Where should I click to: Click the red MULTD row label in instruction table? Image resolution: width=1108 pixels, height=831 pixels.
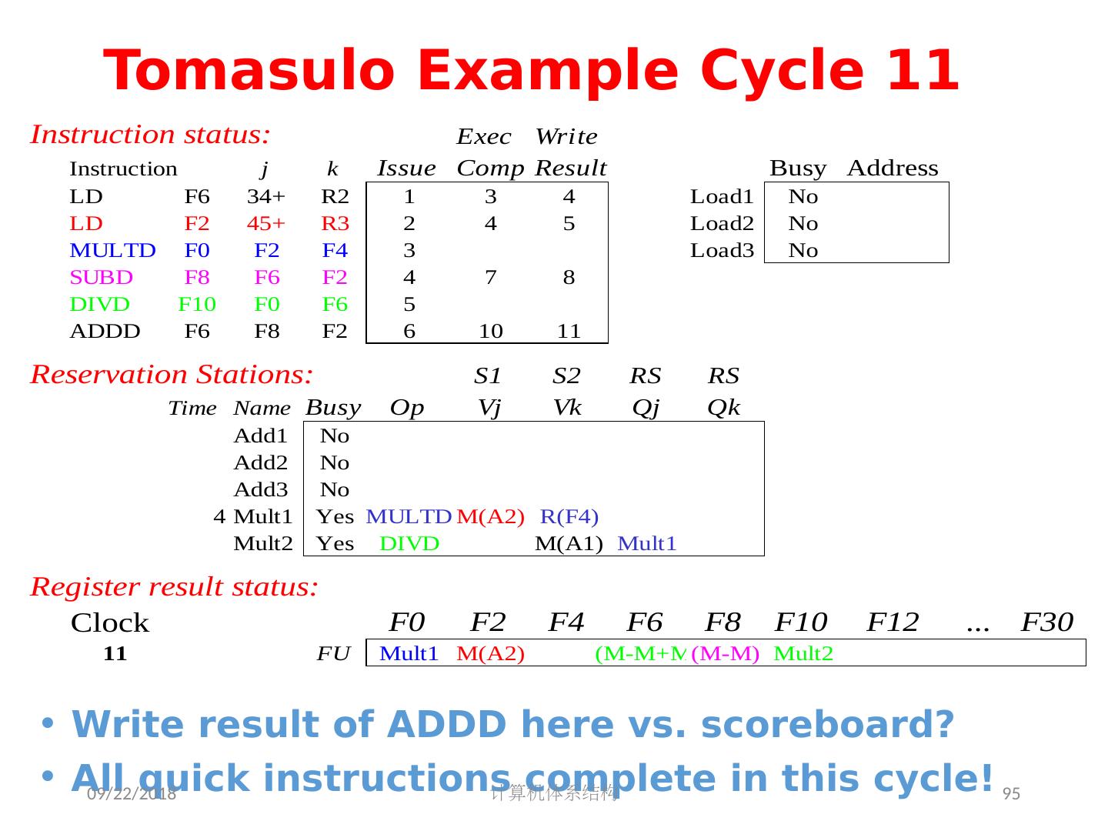(112, 251)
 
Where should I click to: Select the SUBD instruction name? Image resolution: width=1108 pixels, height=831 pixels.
(101, 278)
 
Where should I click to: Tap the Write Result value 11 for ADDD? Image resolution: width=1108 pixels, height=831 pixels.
(569, 332)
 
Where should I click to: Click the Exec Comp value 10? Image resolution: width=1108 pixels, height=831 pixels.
(490, 332)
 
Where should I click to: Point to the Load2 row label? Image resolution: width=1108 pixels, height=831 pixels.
(721, 224)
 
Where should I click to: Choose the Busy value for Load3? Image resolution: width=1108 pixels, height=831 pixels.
(803, 251)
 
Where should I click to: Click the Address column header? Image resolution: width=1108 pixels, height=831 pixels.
(892, 169)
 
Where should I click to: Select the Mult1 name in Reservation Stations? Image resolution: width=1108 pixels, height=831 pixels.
(262, 516)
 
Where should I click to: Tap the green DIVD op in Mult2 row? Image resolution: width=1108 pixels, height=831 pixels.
(409, 544)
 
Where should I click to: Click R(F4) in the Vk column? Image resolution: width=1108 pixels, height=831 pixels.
(569, 516)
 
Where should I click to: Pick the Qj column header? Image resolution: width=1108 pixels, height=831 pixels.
(646, 408)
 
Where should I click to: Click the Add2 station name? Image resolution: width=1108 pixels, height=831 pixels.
(260, 463)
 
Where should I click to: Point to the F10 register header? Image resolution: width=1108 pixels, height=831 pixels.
(800, 622)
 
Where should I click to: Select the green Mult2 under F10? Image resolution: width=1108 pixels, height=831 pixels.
(803, 654)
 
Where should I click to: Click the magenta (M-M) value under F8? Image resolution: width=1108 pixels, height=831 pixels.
(725, 654)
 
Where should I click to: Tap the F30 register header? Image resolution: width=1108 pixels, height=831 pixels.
(1046, 622)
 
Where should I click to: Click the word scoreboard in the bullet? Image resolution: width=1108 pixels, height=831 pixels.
(827, 725)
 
